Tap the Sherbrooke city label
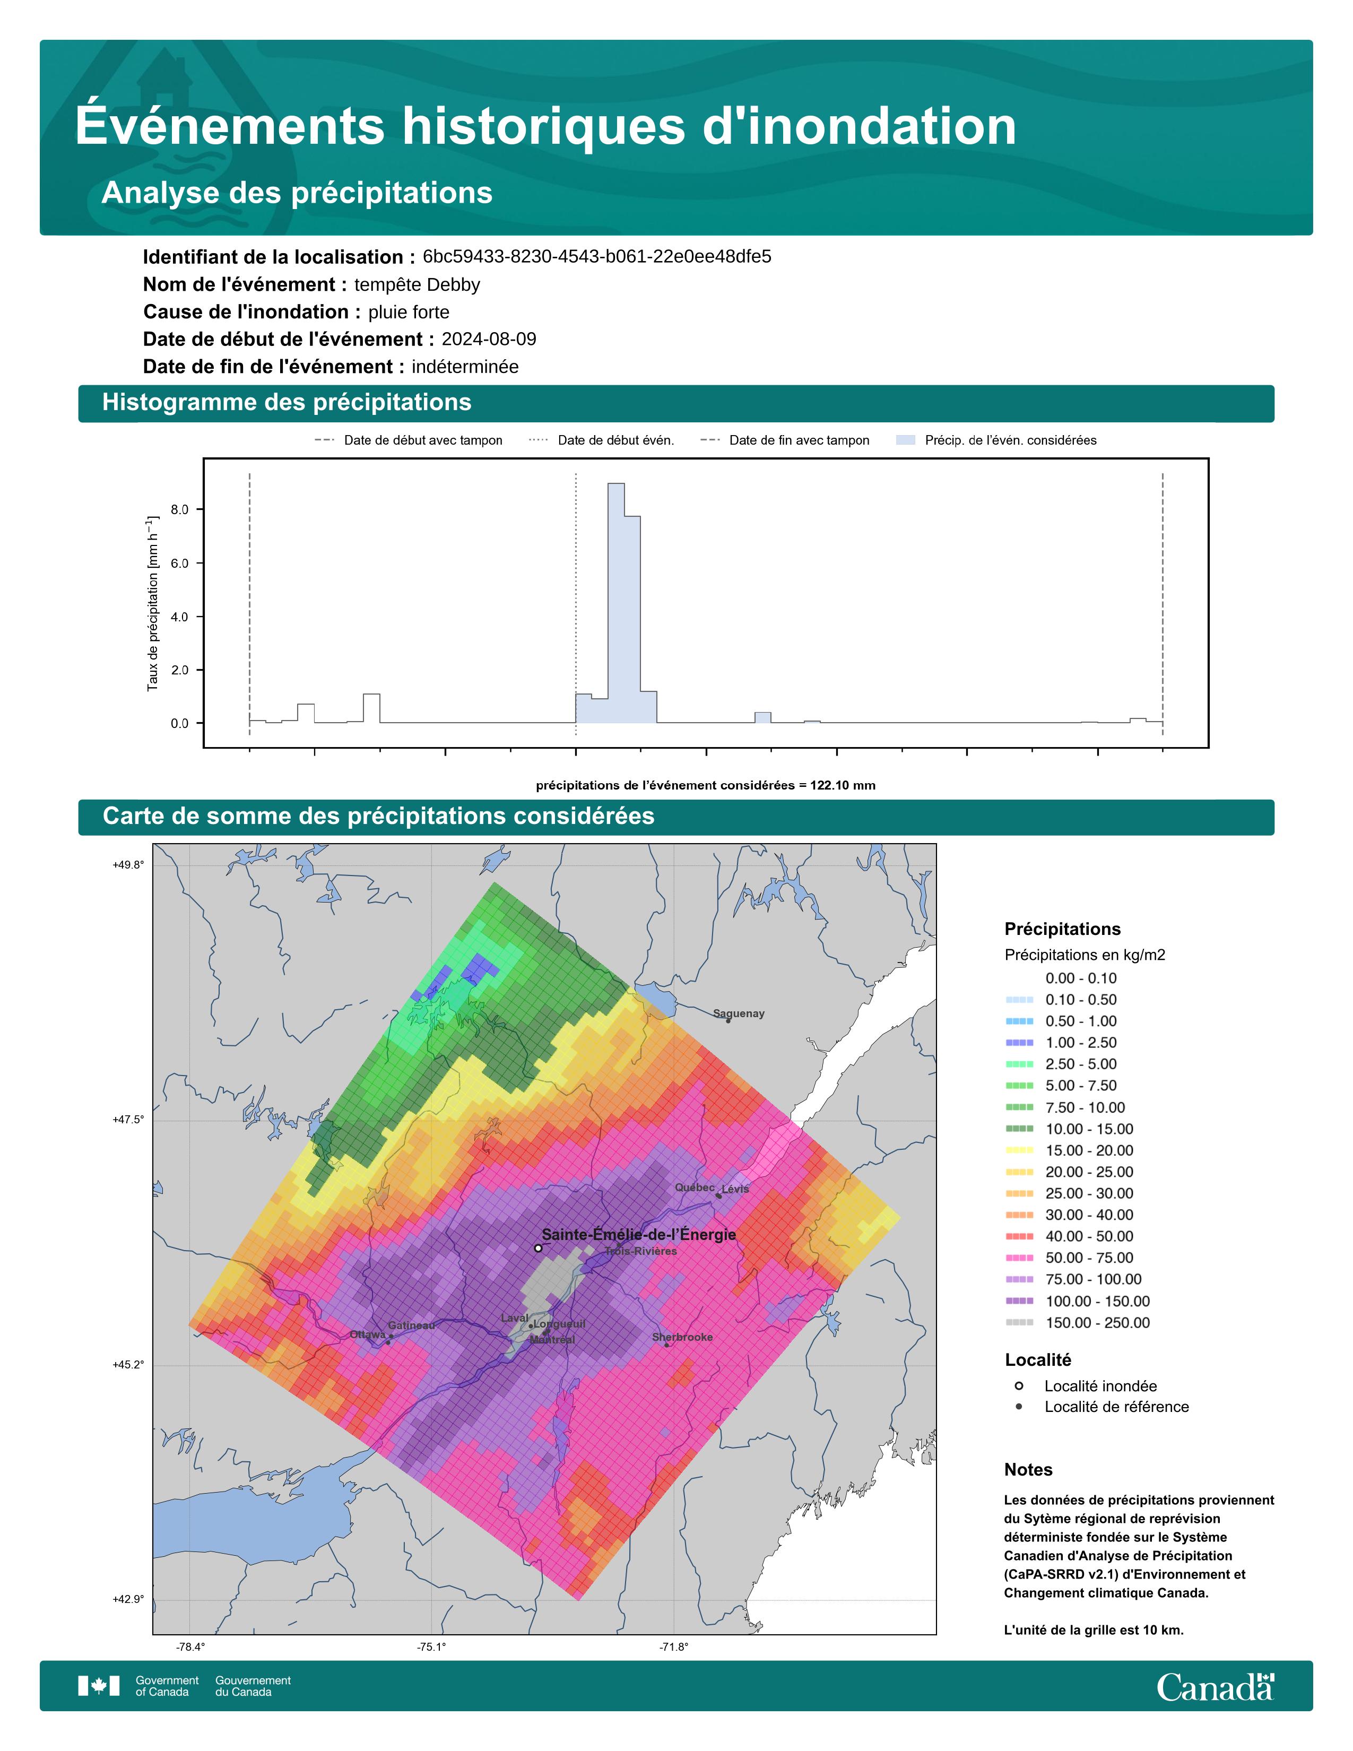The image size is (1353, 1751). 682,1337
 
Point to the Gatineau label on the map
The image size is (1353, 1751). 411,1325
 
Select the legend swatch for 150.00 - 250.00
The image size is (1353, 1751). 1019,1322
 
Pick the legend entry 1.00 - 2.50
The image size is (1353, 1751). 1080,1042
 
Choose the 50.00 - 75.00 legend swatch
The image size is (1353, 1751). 1019,1258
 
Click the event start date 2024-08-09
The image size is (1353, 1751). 489,339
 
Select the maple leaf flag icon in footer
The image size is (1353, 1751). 99,1686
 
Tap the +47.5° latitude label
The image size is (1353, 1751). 128,1120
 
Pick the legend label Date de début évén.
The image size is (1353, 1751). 615,440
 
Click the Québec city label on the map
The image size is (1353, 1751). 694,1187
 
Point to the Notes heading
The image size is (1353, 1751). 1028,1470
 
